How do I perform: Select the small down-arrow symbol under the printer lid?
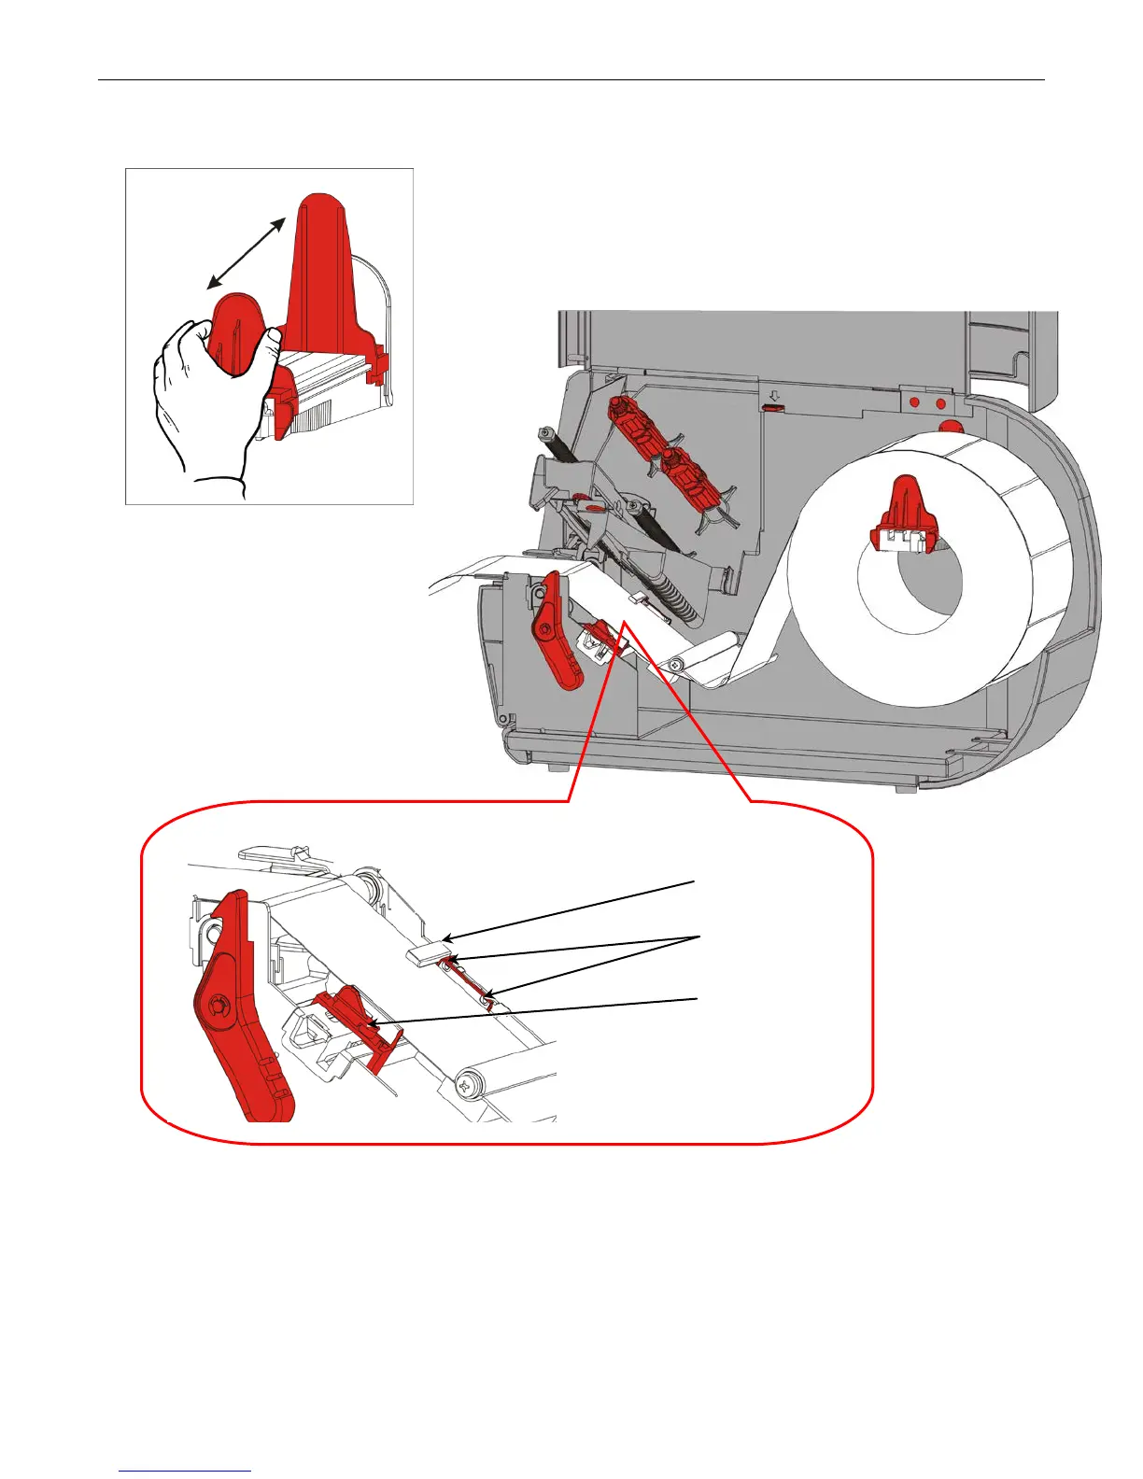[x=772, y=396]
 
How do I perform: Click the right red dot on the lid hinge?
[x=939, y=403]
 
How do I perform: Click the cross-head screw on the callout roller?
[x=467, y=1085]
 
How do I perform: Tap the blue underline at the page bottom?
[x=185, y=1471]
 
